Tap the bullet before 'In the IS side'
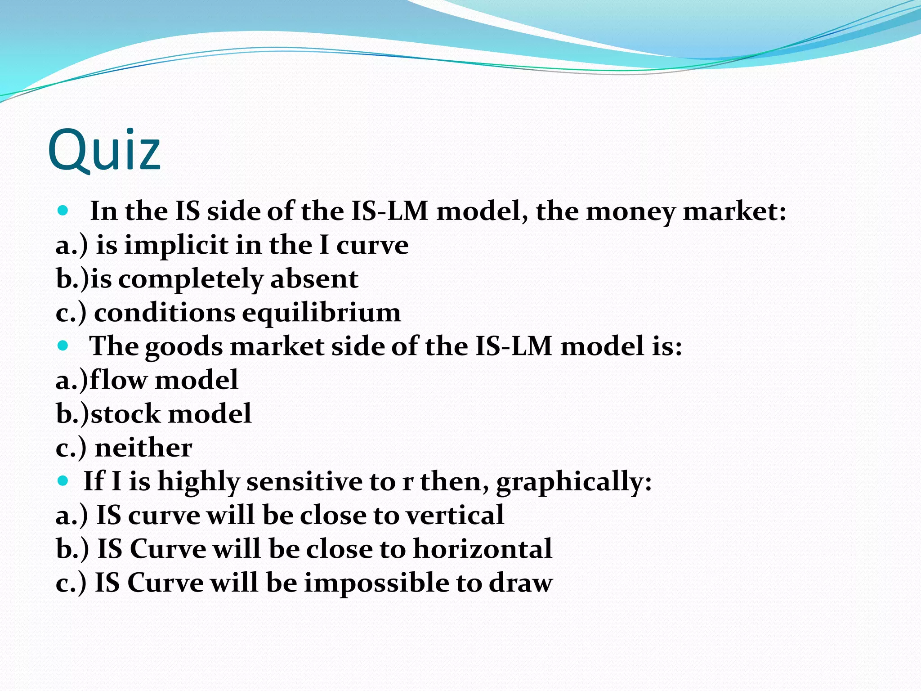click(63, 211)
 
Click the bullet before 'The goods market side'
click(63, 345)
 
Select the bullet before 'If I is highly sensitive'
click(63, 480)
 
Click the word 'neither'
click(143, 448)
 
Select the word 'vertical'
click(454, 515)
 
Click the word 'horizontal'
click(482, 549)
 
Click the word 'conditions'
click(164, 313)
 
